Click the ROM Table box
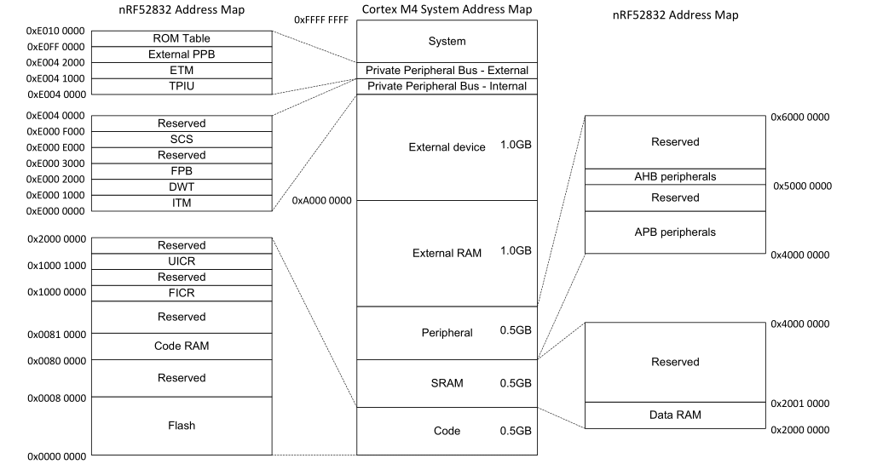coord(182,38)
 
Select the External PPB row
coord(182,54)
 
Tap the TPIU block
coord(182,86)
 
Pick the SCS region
coord(182,139)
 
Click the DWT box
coord(182,186)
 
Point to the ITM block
coord(182,203)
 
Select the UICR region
coord(182,261)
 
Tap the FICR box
coord(182,293)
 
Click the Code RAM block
coord(182,346)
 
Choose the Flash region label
coord(182,425)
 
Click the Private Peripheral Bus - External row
coord(447,70)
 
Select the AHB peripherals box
coord(675,176)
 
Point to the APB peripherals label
coord(675,232)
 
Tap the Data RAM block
coord(675,415)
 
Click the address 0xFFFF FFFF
coord(320,20)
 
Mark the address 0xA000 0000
coord(321,201)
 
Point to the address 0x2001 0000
coord(799,404)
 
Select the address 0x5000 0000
coord(802,186)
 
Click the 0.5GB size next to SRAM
coord(515,383)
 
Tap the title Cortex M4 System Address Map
coord(447,9)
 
